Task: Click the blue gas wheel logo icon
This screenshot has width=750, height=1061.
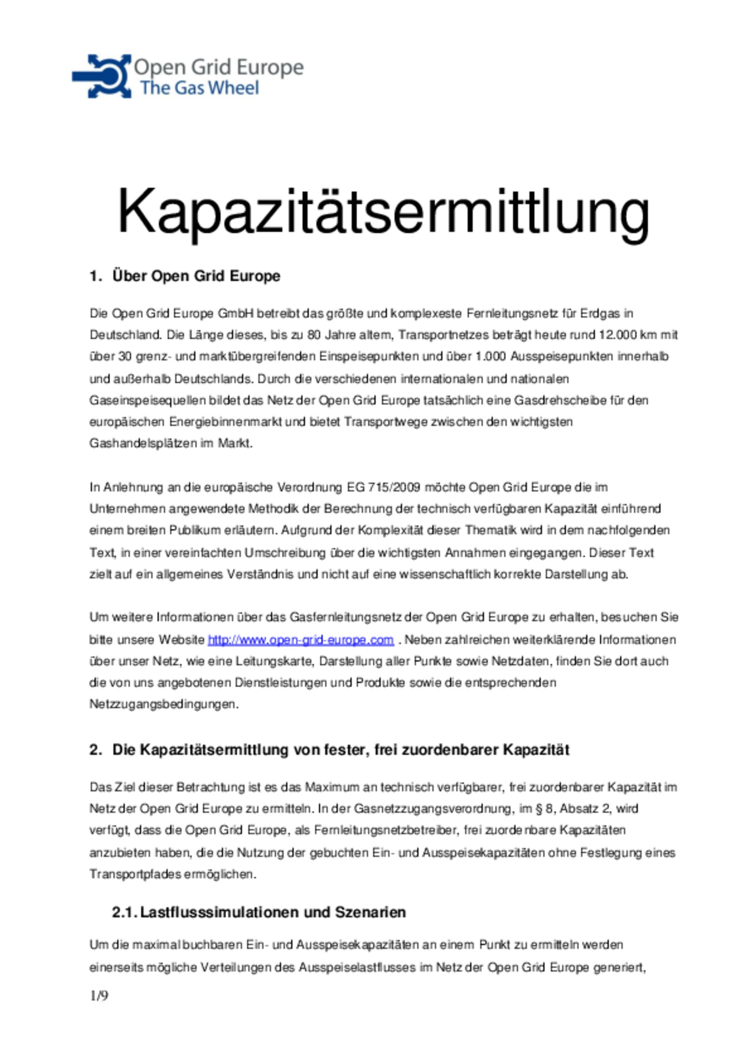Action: coord(102,76)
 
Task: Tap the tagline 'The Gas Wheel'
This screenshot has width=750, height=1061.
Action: coord(199,88)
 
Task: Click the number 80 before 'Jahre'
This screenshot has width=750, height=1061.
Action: coord(314,335)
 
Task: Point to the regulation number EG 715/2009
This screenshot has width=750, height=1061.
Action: coord(383,487)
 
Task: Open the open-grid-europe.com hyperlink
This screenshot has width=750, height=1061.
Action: coord(301,639)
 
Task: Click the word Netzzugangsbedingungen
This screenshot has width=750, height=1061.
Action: coord(164,704)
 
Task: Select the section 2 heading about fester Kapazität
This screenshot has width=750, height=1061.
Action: coord(341,750)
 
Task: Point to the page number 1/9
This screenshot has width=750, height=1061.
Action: coord(99,995)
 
